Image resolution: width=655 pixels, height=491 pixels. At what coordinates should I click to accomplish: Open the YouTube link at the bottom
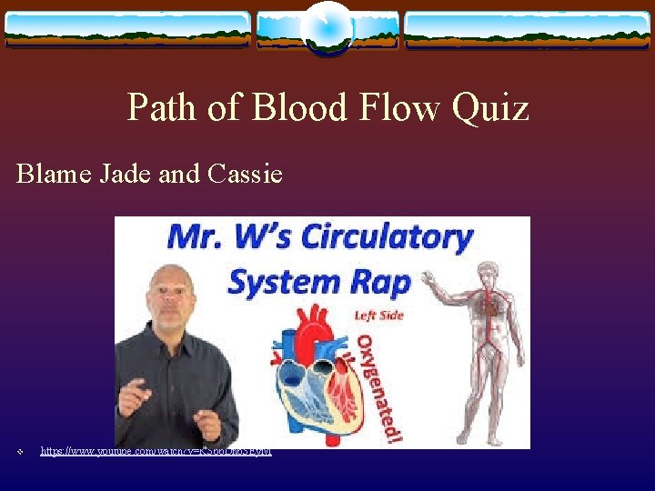[x=156, y=451]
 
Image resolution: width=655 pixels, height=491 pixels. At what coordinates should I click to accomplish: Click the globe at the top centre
[x=327, y=27]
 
